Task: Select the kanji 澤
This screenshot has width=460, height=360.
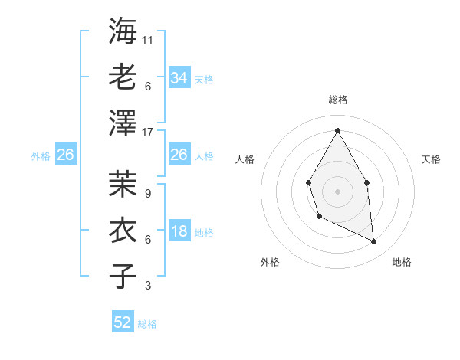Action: pos(123,122)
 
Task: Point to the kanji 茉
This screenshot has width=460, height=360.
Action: pos(123,183)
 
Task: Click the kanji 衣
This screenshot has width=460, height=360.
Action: pos(123,229)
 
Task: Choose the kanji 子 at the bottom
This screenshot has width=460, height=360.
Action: pos(123,275)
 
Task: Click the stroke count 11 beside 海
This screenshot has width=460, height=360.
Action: pos(148,40)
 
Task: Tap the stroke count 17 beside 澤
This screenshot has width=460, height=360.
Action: pos(148,132)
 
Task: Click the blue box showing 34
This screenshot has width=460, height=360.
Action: pos(179,78)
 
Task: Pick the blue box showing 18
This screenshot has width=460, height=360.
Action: pos(179,232)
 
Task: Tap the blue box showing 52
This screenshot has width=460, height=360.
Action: pos(123,323)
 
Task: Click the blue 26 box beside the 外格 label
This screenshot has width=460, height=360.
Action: pos(65,155)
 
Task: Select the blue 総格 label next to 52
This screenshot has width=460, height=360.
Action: pos(147,324)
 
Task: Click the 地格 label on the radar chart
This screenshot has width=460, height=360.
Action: pos(402,262)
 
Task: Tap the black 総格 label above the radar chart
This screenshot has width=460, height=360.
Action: pos(337,100)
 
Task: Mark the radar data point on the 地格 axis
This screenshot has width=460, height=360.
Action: pos(374,242)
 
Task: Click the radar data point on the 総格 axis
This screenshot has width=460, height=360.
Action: pos(337,130)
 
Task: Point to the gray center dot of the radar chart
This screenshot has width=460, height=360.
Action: pos(337,191)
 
